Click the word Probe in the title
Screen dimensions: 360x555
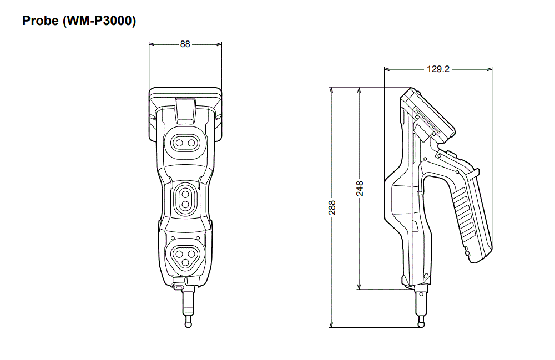click(41, 22)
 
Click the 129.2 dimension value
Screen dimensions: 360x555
click(438, 69)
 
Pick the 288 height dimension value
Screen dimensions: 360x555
click(332, 207)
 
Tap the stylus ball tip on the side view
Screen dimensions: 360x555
click(421, 324)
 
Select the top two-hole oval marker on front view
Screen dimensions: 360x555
click(185, 143)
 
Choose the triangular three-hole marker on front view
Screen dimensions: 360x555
click(185, 255)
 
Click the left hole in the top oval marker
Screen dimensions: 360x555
click(179, 143)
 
